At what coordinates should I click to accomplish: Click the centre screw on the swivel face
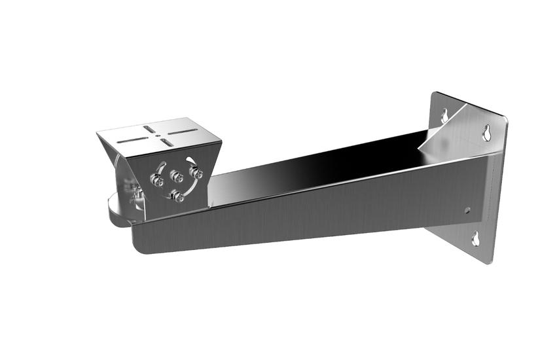[175, 176]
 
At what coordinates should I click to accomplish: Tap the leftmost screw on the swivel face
[158, 181]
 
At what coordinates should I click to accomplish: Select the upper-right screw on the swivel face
[196, 172]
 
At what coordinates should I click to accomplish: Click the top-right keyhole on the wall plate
[486, 133]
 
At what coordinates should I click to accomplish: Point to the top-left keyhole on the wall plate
[444, 116]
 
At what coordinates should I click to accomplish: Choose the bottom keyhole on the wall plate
[476, 239]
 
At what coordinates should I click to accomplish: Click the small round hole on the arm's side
[467, 211]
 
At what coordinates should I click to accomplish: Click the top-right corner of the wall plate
[505, 120]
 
